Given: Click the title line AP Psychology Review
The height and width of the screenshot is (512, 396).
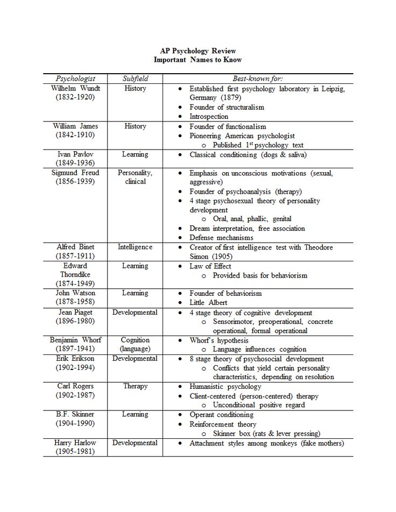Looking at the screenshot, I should (x=197, y=51).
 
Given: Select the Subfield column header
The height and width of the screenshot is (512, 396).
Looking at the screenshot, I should (x=135, y=79).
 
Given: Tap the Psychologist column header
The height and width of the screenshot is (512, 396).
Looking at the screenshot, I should (x=75, y=79).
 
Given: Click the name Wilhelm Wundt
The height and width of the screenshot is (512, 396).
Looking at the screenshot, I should (x=75, y=88).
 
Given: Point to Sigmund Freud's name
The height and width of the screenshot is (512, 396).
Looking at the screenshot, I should (x=75, y=173).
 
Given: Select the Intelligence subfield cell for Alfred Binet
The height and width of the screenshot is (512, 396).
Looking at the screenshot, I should (x=135, y=247).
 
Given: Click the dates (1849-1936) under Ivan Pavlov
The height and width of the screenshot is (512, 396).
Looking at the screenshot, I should (x=75, y=163).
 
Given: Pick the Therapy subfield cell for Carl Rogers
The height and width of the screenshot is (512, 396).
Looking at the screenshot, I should (x=135, y=387).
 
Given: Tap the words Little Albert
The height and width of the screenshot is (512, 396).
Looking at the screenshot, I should (x=209, y=303).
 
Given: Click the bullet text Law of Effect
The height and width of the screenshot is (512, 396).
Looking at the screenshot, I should (x=210, y=266).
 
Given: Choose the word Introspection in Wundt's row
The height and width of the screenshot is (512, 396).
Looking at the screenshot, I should (x=209, y=116).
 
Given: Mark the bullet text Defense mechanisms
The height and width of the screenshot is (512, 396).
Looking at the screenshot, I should (x=221, y=238).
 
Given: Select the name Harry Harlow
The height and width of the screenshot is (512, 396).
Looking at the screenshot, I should (x=75, y=443).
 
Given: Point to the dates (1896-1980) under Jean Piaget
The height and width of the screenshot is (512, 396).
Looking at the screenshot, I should (x=75, y=322).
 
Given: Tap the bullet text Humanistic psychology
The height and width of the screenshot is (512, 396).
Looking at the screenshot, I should (x=225, y=387).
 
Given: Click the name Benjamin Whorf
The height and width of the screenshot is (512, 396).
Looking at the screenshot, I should (x=75, y=340).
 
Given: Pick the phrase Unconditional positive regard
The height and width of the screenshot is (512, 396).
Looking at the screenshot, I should (x=259, y=405).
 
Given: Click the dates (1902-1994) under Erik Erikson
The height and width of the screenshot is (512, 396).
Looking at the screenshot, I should (x=75, y=368).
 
